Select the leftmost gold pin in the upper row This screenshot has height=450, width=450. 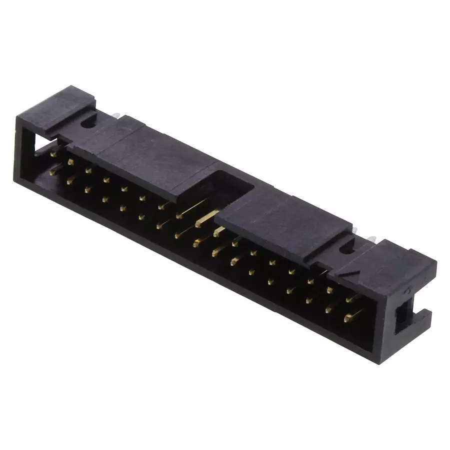click(54, 155)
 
